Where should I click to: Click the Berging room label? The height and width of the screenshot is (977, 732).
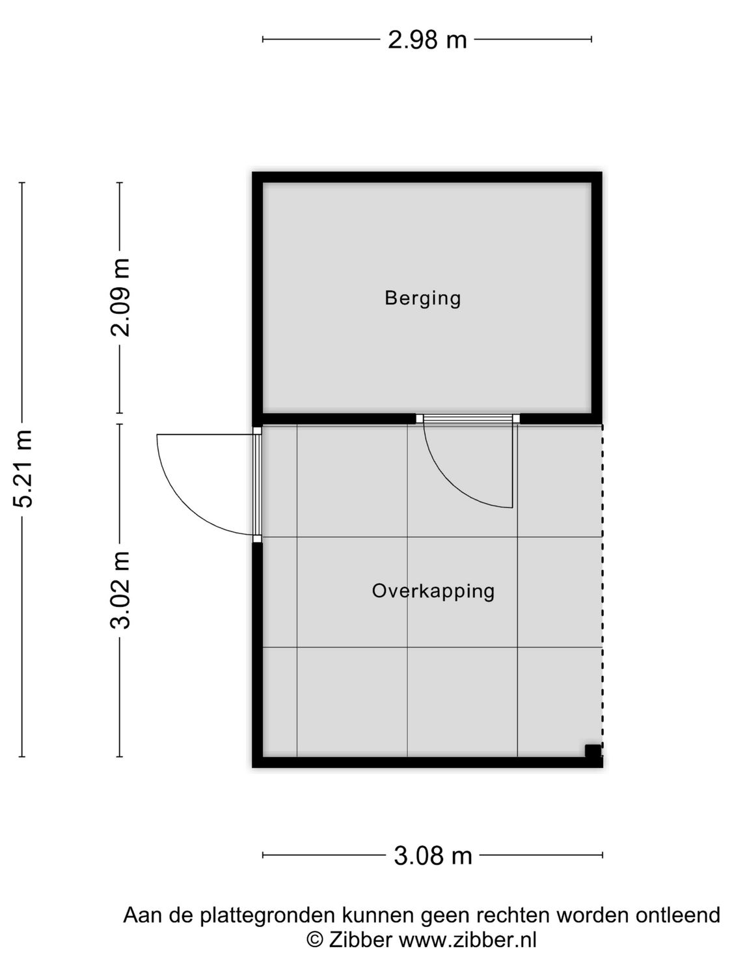[422, 298]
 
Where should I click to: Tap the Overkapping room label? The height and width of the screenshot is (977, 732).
[433, 591]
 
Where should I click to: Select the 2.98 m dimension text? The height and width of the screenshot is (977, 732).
[427, 40]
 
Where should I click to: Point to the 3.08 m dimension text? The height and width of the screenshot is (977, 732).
[433, 855]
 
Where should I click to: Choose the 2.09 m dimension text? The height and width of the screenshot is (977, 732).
[120, 297]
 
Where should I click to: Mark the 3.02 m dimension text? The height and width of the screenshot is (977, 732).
[120, 589]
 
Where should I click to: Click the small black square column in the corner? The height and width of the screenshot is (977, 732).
[592, 751]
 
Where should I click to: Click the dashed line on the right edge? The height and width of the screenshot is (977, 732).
[602, 586]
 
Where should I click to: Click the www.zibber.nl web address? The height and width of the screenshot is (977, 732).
[467, 940]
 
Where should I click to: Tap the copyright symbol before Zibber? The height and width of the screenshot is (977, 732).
[315, 940]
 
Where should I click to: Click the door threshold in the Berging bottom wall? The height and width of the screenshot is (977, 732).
[468, 419]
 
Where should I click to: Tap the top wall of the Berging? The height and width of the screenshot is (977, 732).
[427, 177]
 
